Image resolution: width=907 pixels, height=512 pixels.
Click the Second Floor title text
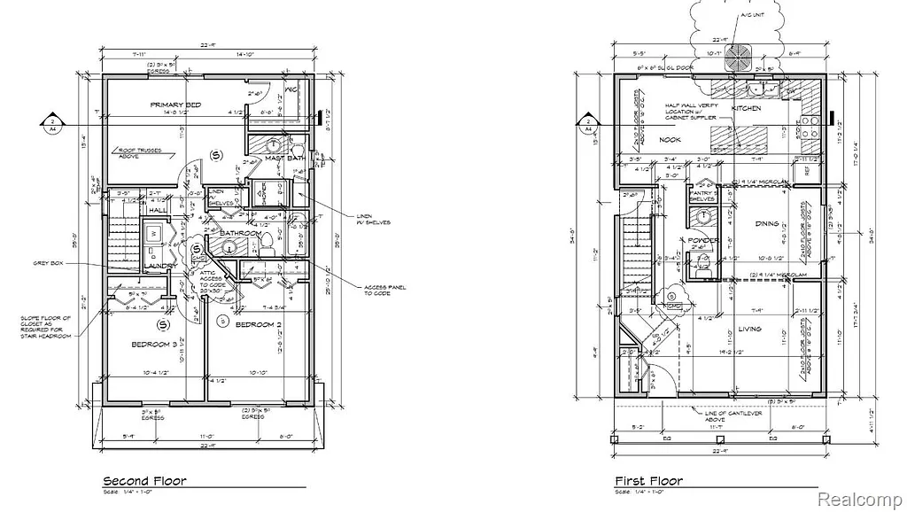point(144,481)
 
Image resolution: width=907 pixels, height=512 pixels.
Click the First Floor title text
point(649,481)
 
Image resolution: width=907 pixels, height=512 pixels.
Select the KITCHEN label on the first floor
point(746,108)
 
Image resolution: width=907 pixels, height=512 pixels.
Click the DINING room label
point(767,223)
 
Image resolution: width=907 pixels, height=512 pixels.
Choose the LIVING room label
point(749,329)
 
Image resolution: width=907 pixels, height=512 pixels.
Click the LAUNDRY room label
point(161,265)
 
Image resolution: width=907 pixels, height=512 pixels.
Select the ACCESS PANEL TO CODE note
point(383,291)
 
